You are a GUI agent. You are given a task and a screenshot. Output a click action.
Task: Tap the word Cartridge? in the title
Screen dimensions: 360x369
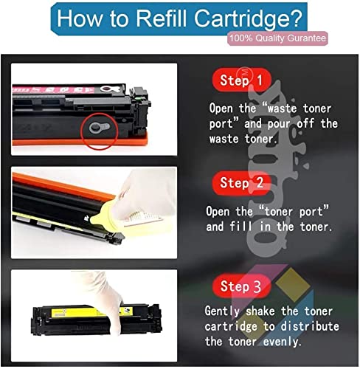coord(248,19)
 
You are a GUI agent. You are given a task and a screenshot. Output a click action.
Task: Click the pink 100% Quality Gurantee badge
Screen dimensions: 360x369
coord(277,38)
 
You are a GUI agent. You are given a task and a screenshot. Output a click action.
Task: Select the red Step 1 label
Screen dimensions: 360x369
coord(242,80)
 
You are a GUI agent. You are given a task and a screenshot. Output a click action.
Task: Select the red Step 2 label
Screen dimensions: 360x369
coord(242,183)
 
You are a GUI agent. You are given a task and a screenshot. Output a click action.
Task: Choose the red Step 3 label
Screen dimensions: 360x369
coord(241,286)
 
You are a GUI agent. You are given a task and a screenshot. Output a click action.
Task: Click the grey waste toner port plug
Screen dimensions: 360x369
coord(99,127)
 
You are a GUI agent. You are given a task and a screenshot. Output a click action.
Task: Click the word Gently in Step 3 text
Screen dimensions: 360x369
coord(222,311)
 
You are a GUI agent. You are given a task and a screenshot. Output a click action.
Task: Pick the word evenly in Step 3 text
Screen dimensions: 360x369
coord(282,342)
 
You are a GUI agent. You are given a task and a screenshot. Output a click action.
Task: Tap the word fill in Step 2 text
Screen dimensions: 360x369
coord(241,227)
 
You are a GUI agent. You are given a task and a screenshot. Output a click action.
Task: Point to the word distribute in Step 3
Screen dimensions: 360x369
coord(310,326)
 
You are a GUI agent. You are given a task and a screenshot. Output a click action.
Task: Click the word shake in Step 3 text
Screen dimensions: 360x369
coord(260,311)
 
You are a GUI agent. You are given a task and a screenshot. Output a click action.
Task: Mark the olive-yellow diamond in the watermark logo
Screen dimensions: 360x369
coord(293,285)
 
